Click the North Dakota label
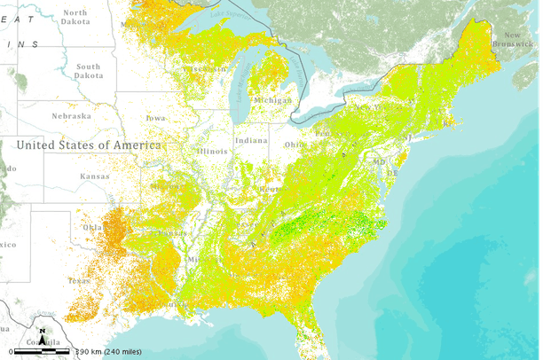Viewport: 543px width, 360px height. [75, 18]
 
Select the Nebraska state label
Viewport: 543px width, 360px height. [71, 116]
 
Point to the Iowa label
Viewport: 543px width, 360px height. [155, 118]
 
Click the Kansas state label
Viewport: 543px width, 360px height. [95, 176]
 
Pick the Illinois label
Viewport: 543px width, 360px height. [212, 151]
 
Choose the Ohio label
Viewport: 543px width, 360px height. [294, 145]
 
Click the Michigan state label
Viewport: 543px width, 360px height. [272, 101]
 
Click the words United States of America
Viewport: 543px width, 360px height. [89, 145]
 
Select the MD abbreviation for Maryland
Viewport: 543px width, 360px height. [379, 162]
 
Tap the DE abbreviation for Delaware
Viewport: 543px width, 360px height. [391, 173]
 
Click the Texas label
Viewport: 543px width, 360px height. [79, 280]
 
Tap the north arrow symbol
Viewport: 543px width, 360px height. [41, 337]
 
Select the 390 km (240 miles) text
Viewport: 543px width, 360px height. [106, 352]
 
